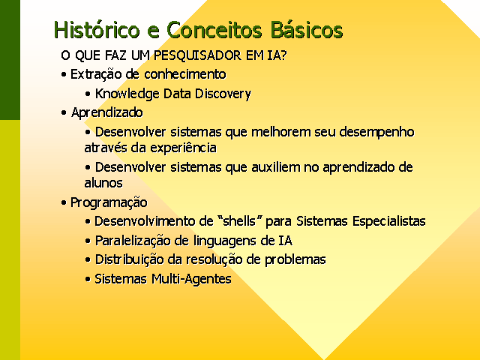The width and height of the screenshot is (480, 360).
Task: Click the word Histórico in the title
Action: (x=97, y=30)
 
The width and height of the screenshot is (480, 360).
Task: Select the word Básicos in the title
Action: (x=307, y=30)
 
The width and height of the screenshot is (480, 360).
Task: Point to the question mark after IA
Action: (x=283, y=55)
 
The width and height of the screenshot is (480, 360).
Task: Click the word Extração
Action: (x=96, y=74)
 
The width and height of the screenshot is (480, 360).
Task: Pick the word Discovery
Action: (x=223, y=94)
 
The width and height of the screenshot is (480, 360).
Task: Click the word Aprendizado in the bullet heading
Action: (x=106, y=112)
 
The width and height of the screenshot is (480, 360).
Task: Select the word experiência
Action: (x=183, y=148)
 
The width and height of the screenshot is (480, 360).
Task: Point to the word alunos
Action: (x=103, y=183)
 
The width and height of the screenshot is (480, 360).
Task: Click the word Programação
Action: (x=109, y=202)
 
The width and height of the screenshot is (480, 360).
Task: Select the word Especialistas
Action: (x=388, y=221)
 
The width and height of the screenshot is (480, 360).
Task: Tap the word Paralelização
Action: (x=133, y=241)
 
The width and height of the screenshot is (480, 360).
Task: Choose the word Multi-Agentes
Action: (x=191, y=279)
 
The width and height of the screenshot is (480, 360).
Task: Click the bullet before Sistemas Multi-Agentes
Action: (x=88, y=279)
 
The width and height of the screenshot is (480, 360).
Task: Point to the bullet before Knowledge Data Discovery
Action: (x=88, y=94)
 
